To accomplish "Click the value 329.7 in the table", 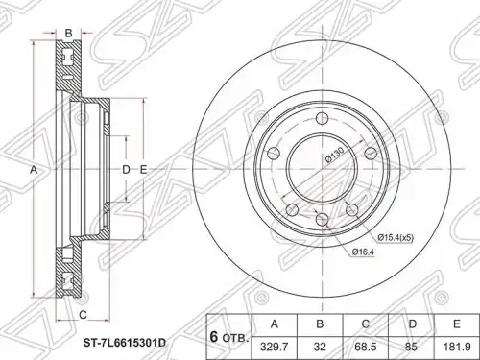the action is click(275, 347).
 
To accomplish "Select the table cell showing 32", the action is click(320, 347).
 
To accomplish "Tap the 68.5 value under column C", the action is click(366, 347).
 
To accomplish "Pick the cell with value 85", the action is click(411, 347).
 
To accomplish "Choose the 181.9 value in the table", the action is click(456, 347).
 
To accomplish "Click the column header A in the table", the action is click(275, 324).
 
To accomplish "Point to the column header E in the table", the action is click(456, 324).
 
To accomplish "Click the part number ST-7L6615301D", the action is click(124, 344).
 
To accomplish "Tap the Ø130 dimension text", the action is click(334, 155).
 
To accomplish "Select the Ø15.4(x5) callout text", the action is click(396, 238).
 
